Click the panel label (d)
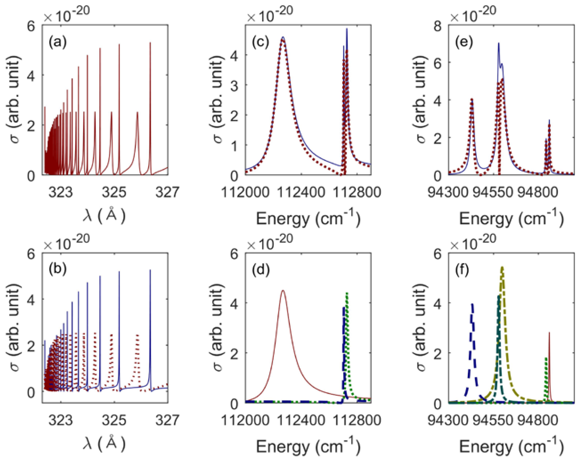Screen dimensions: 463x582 coord(261,270)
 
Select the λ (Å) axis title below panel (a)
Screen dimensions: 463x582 coord(104,216)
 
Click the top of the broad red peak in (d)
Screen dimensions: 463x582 coord(283,291)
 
